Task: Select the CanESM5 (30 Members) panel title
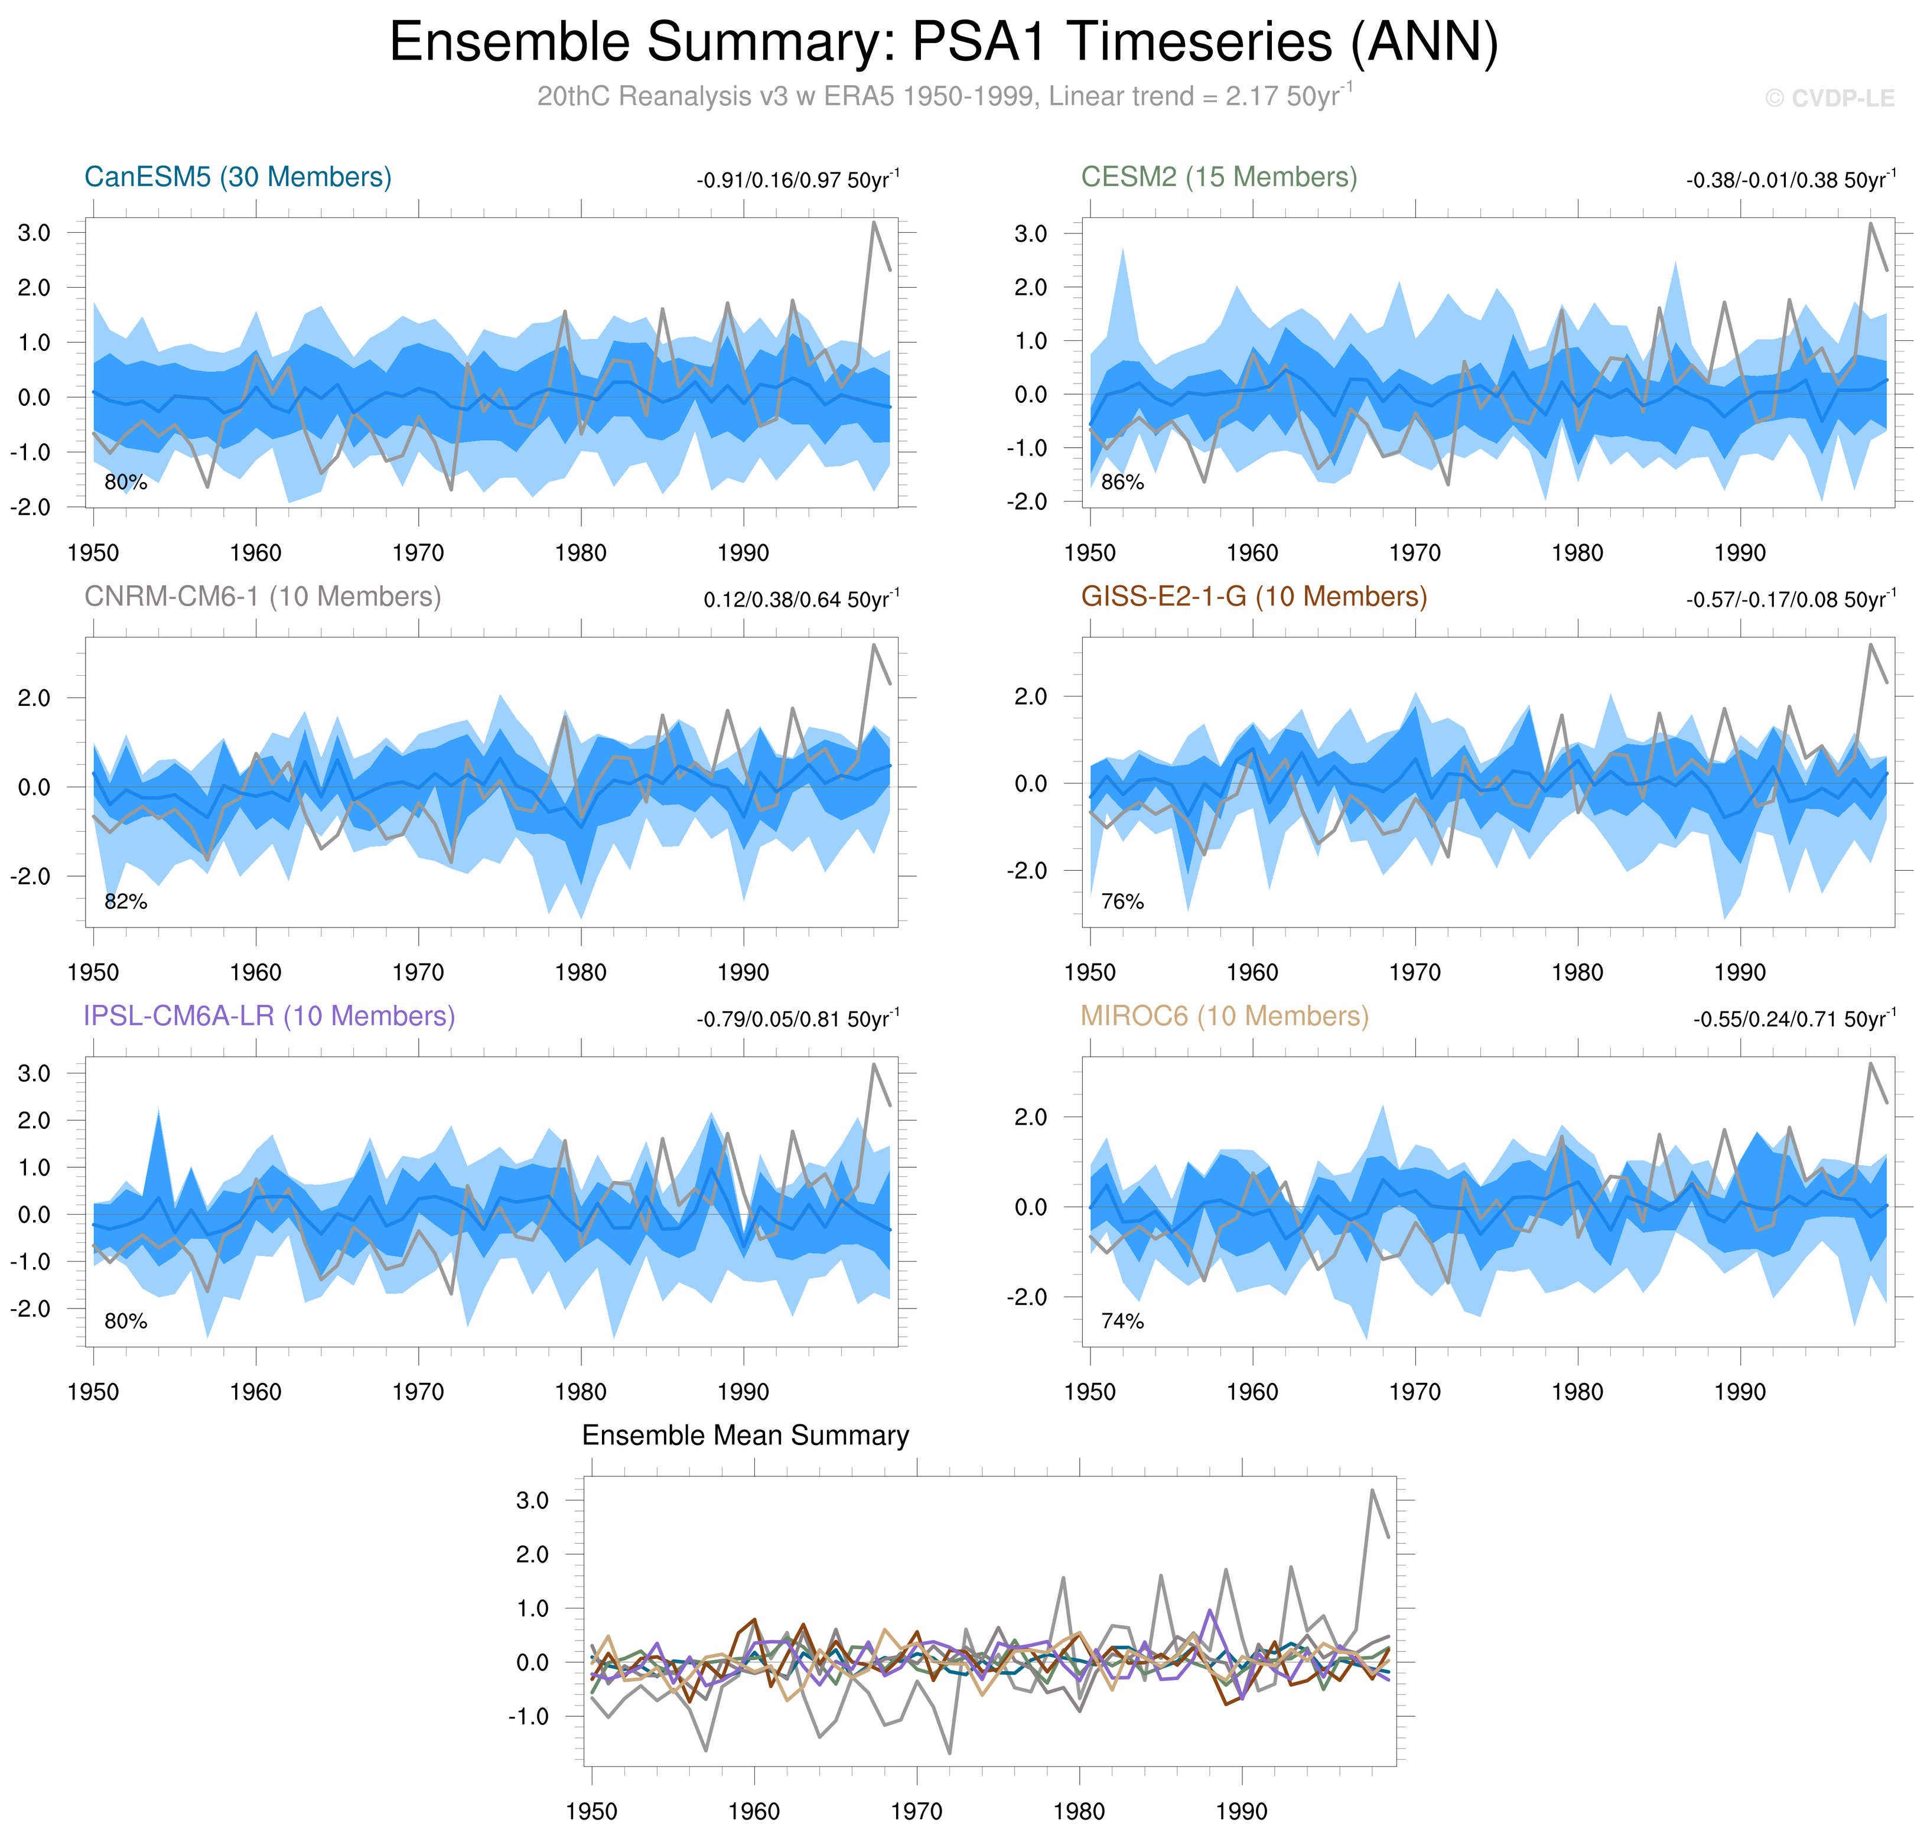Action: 238,177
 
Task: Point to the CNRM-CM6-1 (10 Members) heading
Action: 263,597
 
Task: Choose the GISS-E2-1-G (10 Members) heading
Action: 1254,597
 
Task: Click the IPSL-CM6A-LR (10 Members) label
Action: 269,1017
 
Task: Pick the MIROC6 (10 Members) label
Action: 1224,1017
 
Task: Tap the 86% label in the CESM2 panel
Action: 1122,482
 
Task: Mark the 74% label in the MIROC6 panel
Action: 1122,1322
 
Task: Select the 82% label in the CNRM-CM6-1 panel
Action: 125,902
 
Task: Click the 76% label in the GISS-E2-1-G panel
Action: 1122,902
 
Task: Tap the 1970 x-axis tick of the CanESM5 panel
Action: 418,553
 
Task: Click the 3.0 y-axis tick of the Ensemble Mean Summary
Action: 532,1501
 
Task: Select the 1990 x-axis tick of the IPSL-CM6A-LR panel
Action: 743,1392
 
